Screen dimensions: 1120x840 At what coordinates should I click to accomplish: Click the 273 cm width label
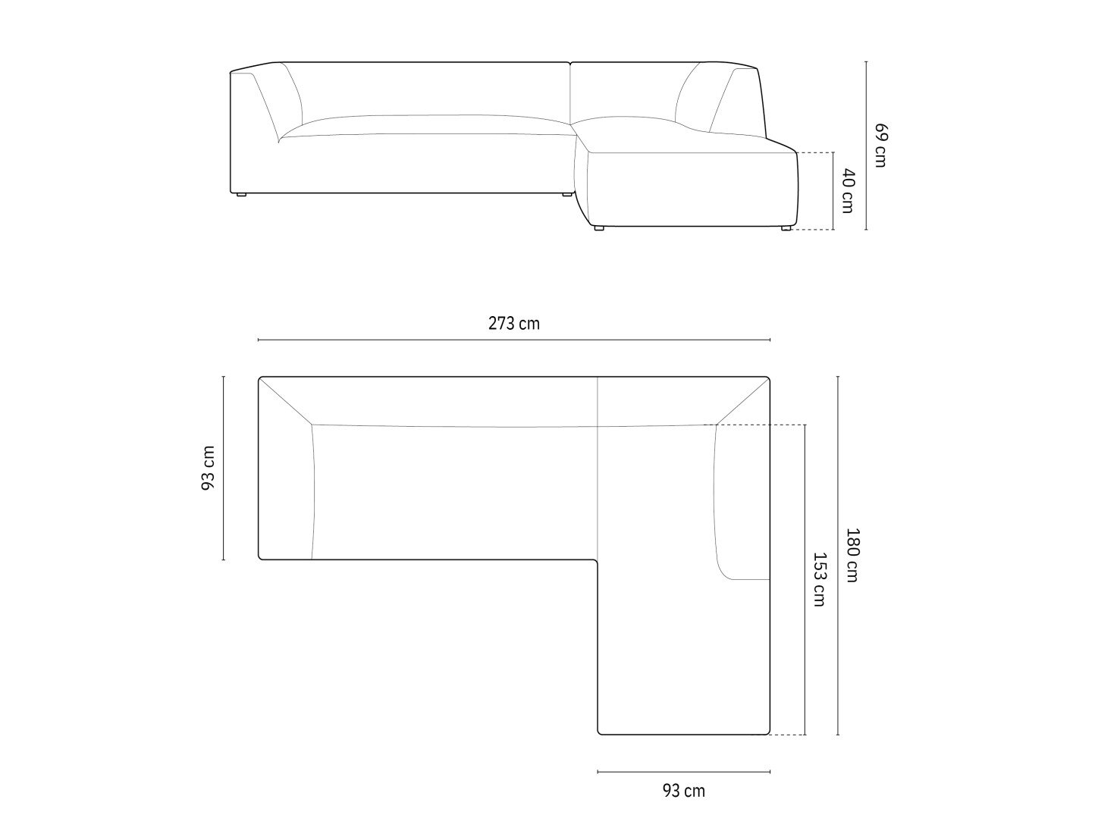click(x=513, y=324)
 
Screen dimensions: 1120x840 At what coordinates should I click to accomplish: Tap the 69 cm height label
click(x=881, y=145)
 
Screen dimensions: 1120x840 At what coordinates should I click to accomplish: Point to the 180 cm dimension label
click(x=852, y=556)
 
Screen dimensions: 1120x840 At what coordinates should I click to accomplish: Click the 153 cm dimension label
click(x=819, y=579)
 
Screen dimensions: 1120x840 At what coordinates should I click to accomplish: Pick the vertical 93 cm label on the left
click(x=208, y=468)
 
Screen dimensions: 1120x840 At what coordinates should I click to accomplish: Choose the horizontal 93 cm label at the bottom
click(x=684, y=791)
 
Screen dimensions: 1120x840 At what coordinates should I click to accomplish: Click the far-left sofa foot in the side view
click(x=239, y=195)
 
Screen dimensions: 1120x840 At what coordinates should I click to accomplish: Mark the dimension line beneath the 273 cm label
click(x=514, y=340)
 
